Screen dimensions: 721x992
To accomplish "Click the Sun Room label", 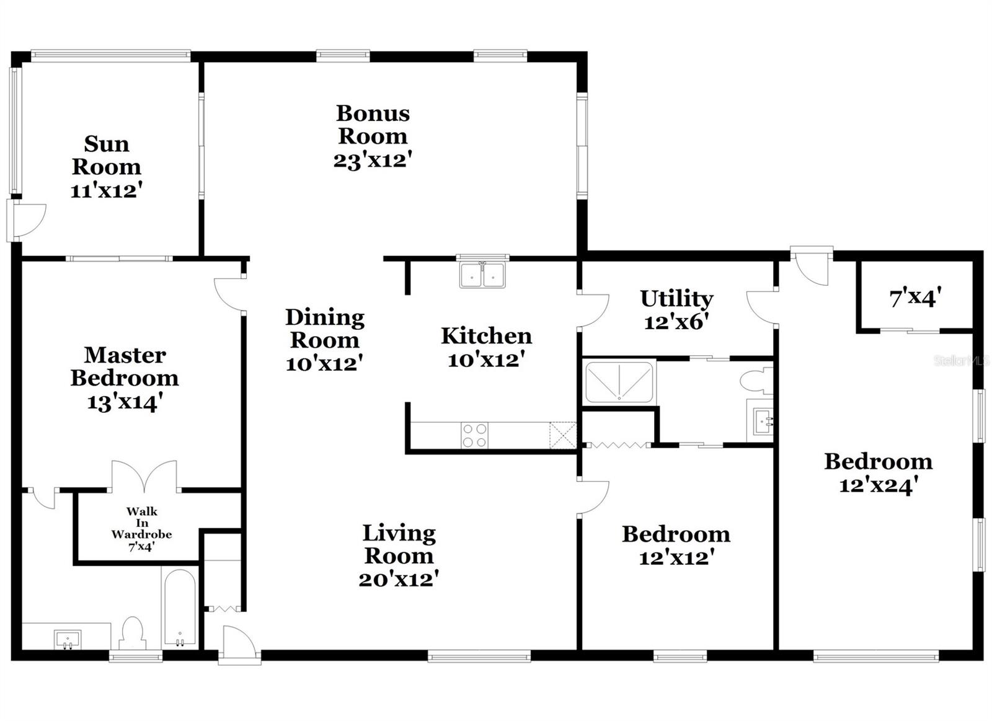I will pos(106,155).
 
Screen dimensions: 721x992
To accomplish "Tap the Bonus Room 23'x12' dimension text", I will pos(373,161).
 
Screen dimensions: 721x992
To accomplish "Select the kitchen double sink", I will pos(482,275).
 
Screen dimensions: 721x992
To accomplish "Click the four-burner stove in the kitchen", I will pos(474,435).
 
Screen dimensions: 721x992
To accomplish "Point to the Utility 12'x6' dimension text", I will pos(676,322).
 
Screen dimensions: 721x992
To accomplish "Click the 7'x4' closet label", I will pos(915,299).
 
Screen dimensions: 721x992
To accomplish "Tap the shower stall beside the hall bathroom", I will pos(619,382).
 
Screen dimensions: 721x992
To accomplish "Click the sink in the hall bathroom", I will pos(761,422).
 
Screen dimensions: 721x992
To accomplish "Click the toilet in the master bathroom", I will pos(132,632).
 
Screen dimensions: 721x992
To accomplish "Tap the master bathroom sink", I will pos(67,639).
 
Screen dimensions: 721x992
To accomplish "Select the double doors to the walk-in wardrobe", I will pos(144,476).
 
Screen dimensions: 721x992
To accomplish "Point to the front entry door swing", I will pos(239,643).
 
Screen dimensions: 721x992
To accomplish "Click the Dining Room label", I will pos(324,329).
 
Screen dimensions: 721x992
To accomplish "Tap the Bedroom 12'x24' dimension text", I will pos(878,485).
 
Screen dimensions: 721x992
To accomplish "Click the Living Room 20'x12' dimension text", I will pos(399,579).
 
